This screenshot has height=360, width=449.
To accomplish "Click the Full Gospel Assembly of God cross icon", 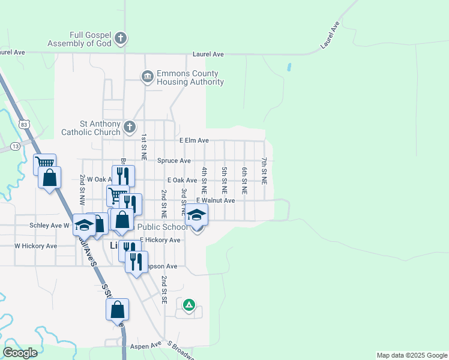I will tap(121, 39).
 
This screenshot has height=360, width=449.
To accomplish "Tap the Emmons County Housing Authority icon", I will tap(147, 77).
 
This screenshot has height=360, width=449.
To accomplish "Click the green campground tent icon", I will tap(189, 305).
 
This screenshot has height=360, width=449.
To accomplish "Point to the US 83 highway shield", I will tap(23, 124).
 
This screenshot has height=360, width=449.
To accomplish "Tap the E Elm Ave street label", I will tap(194, 140).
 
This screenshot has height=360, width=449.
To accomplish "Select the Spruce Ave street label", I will tap(174, 161).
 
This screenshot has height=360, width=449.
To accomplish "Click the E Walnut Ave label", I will tap(215, 200).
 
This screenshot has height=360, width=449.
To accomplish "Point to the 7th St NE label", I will tap(264, 170).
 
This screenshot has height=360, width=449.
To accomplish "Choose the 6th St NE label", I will tap(244, 181).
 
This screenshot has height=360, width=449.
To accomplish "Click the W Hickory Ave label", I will tap(35, 246).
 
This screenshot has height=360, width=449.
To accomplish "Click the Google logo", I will tap(20, 353).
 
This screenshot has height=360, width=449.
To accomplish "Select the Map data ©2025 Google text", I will tap(411, 355).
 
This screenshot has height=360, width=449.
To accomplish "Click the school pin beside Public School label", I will tap(196, 215).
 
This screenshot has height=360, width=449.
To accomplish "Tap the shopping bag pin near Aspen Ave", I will tap(117, 310).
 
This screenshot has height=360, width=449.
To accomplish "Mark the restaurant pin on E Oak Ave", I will tap(123, 176).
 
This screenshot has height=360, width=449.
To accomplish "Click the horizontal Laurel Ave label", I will tap(208, 55).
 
